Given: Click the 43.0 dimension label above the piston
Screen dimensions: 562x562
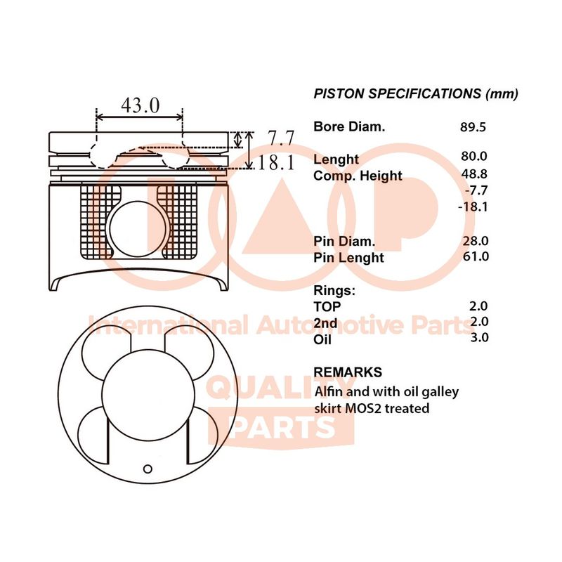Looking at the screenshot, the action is click(140, 105).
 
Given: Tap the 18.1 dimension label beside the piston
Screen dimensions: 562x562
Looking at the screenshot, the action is click(276, 162).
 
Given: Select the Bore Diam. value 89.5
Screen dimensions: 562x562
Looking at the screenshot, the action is click(473, 127).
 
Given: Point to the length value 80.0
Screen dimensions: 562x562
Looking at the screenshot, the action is click(473, 156).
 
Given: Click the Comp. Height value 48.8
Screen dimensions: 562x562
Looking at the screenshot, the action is click(474, 174).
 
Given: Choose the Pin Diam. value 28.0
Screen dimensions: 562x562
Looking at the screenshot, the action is click(476, 241).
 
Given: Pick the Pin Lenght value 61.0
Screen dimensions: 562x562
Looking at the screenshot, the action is click(476, 256).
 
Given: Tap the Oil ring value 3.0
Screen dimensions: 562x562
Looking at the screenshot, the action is click(479, 337).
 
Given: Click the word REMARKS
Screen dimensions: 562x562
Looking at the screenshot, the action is click(348, 372).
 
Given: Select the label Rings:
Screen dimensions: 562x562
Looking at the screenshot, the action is click(334, 291).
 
